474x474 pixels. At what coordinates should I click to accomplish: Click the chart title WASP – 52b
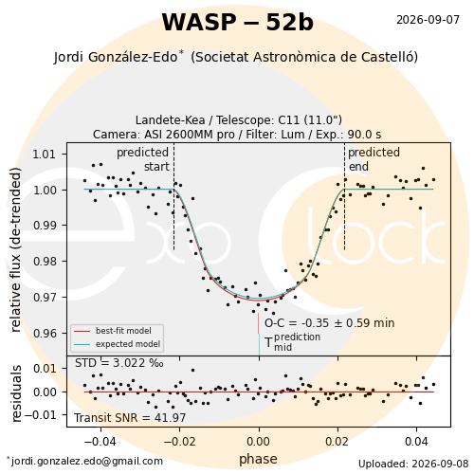[238, 23]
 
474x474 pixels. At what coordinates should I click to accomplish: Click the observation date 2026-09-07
[428, 20]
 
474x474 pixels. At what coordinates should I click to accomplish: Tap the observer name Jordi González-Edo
[116, 57]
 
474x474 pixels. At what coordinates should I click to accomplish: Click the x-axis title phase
[258, 459]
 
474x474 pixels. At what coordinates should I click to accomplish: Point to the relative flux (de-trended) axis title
[15, 249]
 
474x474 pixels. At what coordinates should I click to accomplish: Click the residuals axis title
[16, 393]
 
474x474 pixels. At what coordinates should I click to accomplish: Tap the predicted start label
[143, 159]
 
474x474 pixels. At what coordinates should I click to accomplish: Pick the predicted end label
[374, 159]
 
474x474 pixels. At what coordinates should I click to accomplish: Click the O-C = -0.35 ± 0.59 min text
[330, 323]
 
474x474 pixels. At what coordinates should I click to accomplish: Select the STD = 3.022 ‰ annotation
[119, 363]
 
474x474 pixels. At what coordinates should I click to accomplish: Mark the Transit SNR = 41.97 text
[130, 418]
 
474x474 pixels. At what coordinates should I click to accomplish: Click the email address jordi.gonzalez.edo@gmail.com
[85, 462]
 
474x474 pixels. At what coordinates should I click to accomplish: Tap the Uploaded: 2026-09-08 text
[413, 464]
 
